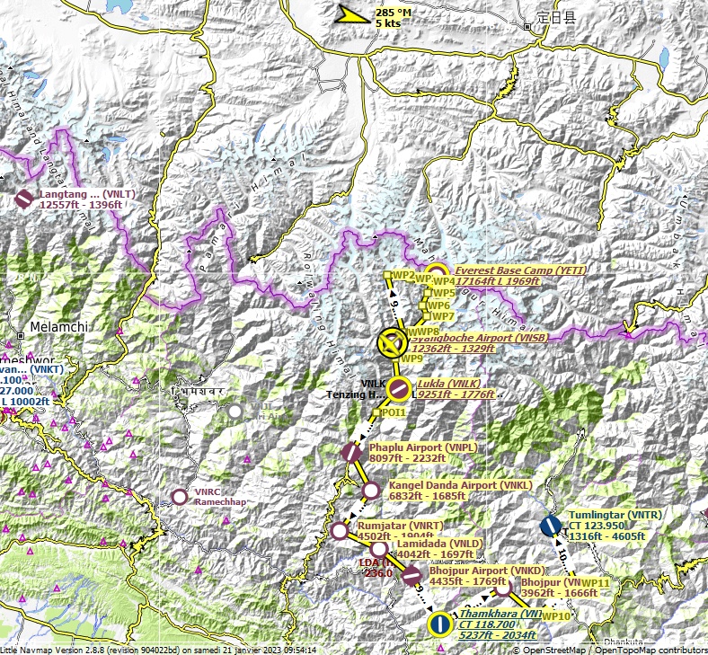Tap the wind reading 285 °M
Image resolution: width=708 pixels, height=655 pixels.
[x=393, y=13]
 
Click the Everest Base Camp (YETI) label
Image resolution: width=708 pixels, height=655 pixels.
[x=507, y=270]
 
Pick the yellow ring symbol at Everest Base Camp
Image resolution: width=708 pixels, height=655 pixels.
[x=436, y=274]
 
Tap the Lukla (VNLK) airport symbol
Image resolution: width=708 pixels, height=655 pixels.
[x=399, y=389]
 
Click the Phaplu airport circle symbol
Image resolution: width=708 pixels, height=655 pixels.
[x=351, y=453]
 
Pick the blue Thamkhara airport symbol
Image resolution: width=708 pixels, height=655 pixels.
[x=439, y=624]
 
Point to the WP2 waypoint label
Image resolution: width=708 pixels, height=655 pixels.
[x=403, y=275]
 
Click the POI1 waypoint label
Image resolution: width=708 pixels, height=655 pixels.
[x=393, y=412]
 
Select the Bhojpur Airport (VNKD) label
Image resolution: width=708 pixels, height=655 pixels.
[x=487, y=571]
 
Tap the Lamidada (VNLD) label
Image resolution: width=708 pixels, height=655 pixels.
[x=439, y=544]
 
